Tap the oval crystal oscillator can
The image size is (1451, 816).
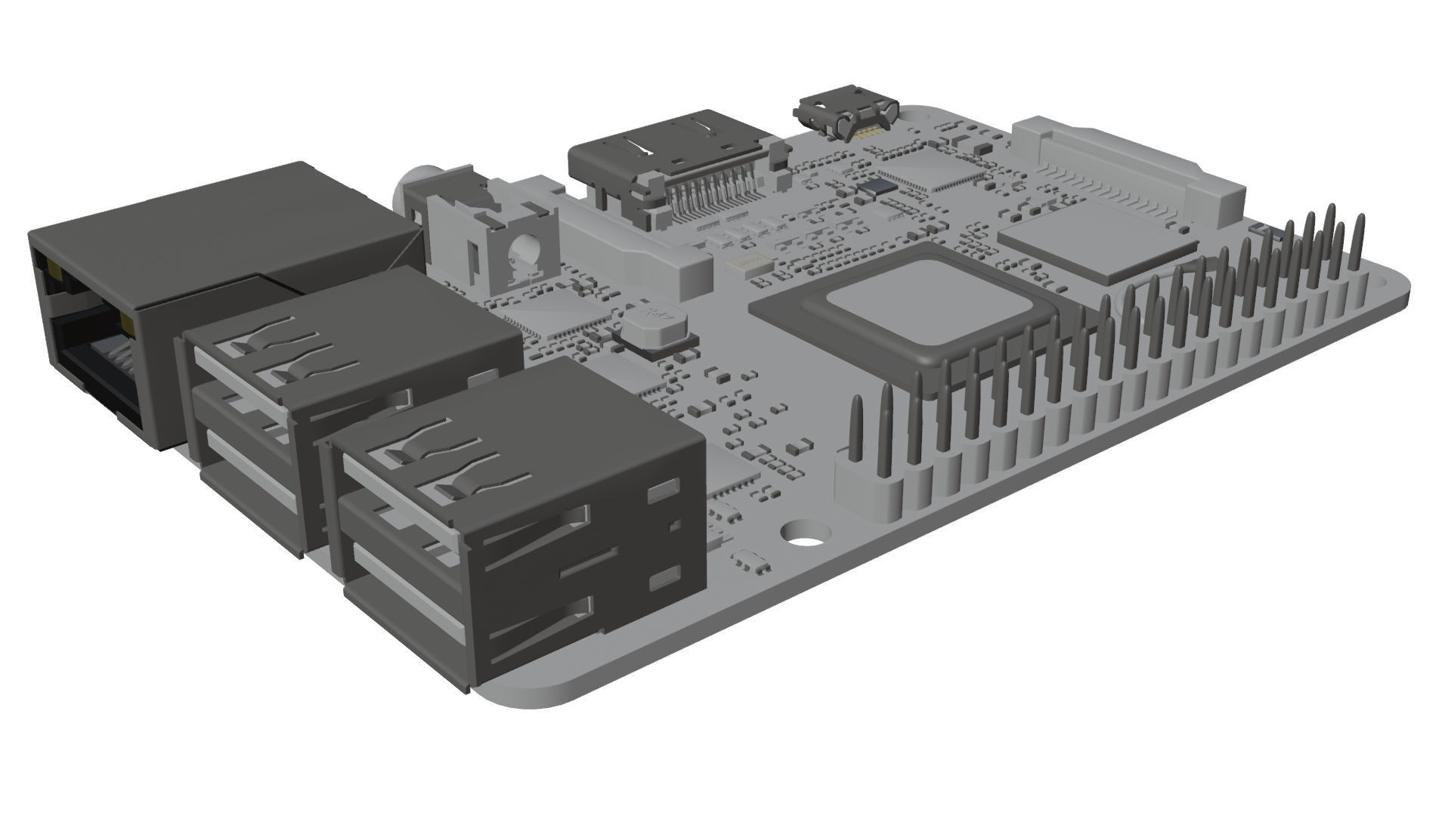pyautogui.click(x=656, y=327)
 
